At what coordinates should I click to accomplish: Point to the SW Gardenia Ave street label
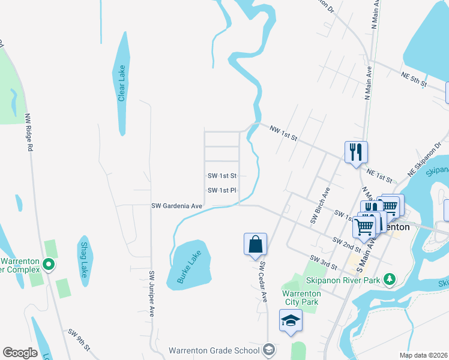point(176,206)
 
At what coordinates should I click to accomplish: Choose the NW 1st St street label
point(283,133)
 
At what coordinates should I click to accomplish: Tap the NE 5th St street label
point(414,79)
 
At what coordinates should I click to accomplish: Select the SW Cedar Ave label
point(262,281)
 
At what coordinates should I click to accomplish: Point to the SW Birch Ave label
point(321,206)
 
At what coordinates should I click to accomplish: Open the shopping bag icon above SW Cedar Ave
point(255,244)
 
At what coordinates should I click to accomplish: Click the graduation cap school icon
point(291,320)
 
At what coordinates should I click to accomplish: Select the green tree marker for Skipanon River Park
point(390,278)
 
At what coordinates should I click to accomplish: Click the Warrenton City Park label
point(300,298)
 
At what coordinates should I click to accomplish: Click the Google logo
point(20,353)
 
